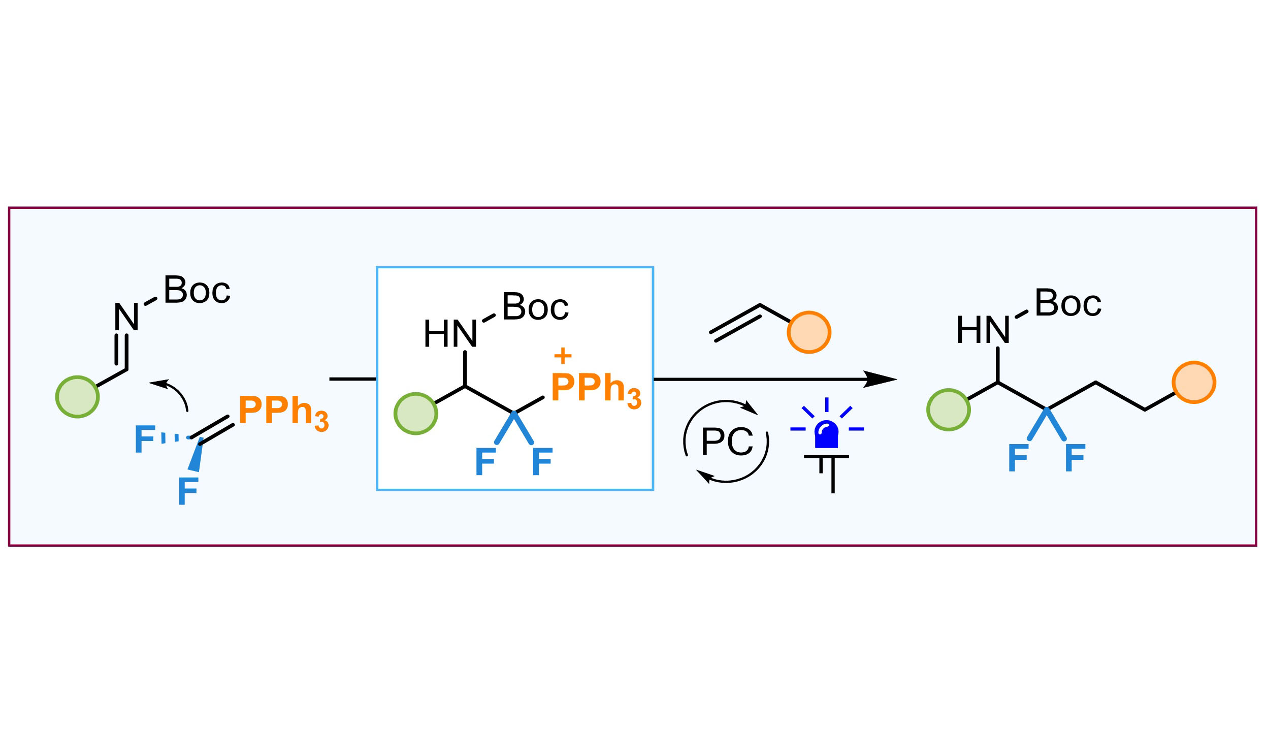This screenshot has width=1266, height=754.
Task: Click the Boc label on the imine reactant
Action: (197, 291)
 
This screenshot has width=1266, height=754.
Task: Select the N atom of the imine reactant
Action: (126, 317)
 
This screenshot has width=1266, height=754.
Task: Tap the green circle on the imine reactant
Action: (77, 397)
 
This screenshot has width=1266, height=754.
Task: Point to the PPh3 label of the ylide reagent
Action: (283, 411)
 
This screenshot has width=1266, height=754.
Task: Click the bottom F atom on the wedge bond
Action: (188, 491)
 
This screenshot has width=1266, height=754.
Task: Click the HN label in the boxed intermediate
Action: (450, 334)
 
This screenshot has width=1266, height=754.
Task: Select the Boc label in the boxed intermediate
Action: (535, 307)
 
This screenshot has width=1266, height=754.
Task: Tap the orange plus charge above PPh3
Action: (563, 356)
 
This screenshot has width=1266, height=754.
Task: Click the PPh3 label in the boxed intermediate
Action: (595, 389)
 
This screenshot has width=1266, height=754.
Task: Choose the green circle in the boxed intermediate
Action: (415, 414)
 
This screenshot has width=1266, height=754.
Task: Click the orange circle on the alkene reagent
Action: (808, 332)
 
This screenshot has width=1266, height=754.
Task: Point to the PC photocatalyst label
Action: (727, 441)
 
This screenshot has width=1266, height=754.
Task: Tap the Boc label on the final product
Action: (1067, 303)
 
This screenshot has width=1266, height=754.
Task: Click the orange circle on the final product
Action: (1193, 383)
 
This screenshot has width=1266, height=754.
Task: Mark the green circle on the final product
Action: (948, 410)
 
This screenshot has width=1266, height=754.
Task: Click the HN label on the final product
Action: (983, 330)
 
